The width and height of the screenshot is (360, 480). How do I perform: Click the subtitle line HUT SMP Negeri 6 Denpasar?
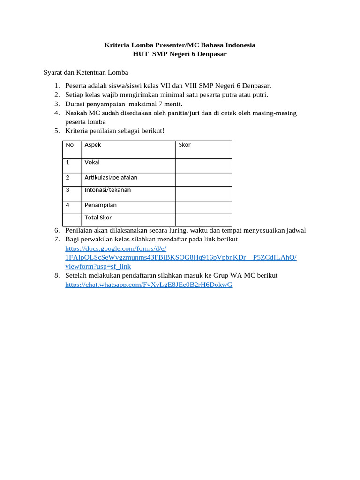(x=180, y=54)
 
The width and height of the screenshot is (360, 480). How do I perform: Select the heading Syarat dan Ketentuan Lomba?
(x=86, y=73)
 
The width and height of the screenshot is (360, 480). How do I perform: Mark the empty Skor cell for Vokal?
(x=203, y=166)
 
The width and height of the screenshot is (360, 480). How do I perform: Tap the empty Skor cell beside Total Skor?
(x=203, y=220)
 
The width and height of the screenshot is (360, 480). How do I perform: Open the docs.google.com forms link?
(x=116, y=248)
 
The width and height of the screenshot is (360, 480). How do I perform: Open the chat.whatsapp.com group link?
(x=149, y=285)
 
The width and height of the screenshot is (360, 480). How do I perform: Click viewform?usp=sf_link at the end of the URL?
(x=98, y=266)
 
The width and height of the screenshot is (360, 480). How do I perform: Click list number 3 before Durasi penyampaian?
(x=56, y=104)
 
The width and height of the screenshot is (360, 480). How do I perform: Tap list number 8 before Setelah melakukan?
(x=56, y=276)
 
